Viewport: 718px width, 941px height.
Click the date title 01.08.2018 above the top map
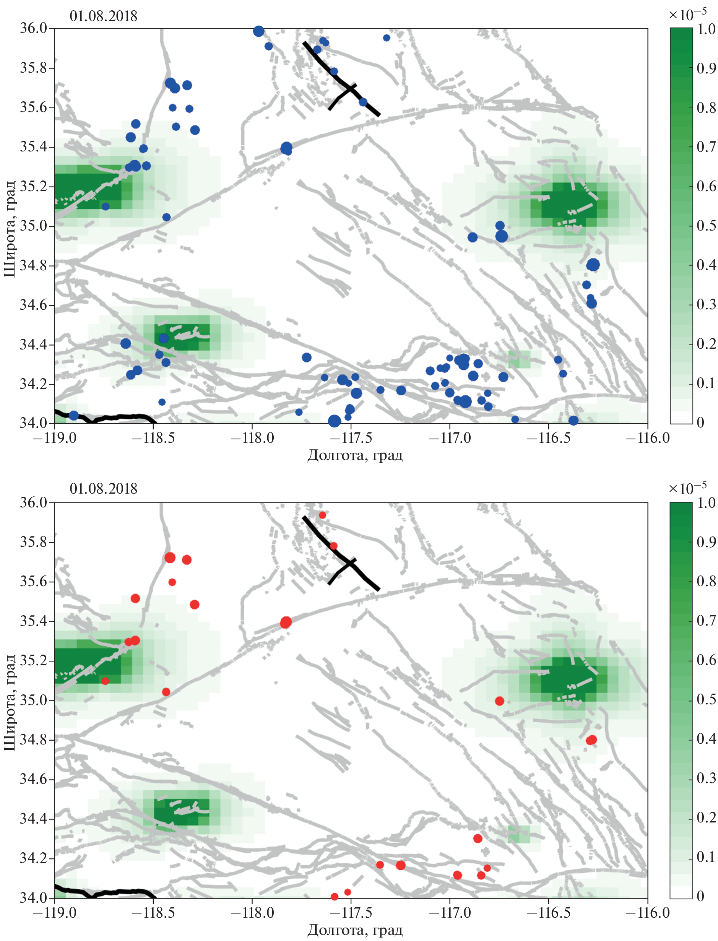(104, 16)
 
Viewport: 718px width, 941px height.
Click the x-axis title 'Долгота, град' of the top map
(355, 455)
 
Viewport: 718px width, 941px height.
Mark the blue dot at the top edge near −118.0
(258, 31)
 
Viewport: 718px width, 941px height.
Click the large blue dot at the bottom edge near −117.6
(334, 421)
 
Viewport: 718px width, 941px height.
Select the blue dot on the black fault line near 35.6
(363, 102)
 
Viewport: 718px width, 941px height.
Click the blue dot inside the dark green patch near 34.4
(164, 338)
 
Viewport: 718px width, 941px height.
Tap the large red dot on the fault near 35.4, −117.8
(286, 622)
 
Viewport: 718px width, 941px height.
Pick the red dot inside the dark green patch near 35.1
(105, 681)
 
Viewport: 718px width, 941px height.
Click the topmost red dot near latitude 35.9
(322, 515)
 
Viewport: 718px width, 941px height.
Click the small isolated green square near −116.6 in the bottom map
(519, 834)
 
